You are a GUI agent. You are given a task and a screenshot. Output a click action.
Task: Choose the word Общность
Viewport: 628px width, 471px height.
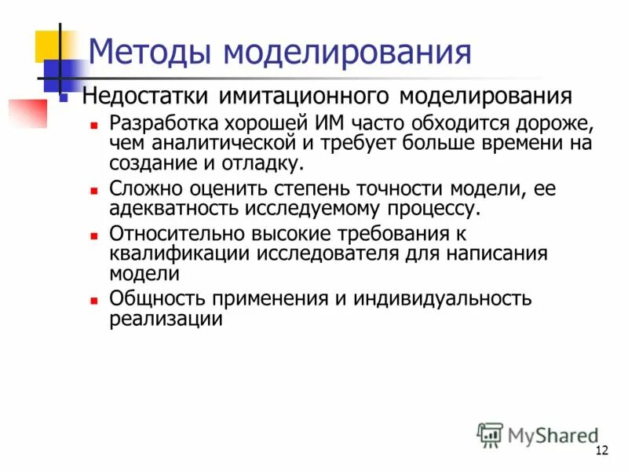150,299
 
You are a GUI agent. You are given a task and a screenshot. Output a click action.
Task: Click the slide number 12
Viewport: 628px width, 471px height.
603,450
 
